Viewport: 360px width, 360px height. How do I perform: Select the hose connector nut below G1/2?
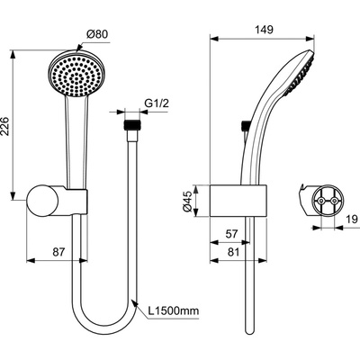tap(134, 121)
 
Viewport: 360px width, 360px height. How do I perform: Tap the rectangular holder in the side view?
tap(241, 198)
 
